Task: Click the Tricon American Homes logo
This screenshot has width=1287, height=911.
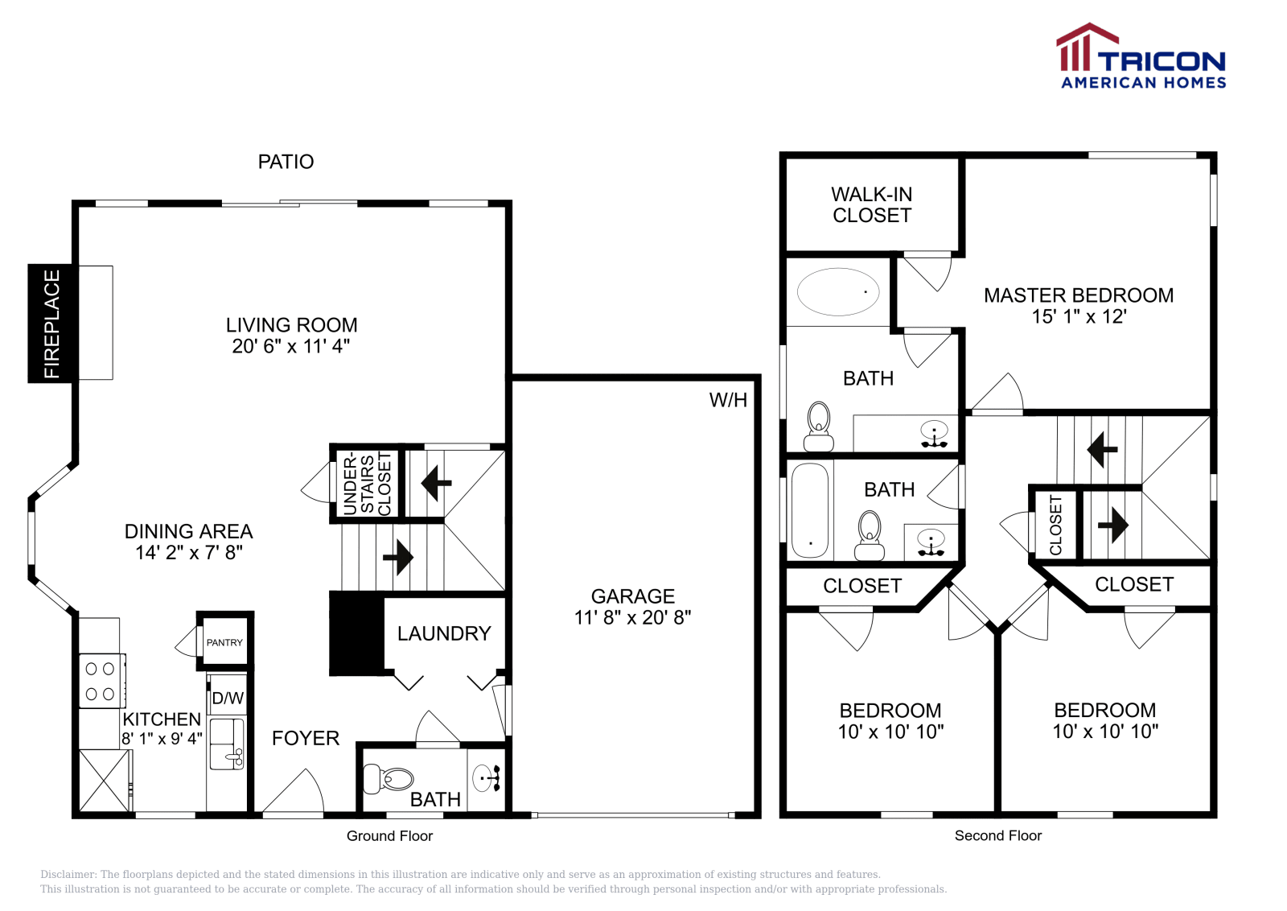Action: pos(1141,56)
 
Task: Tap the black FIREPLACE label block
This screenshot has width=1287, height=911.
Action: pos(51,324)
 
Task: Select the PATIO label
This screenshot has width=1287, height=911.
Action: pos(286,162)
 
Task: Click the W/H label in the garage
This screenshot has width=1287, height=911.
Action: pos(728,400)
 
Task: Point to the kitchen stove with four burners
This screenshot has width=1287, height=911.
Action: pos(101,681)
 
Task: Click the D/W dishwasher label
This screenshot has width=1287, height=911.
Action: pos(228,698)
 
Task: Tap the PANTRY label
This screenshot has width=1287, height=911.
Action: pos(224,642)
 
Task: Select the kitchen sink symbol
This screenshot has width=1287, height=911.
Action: pos(227,744)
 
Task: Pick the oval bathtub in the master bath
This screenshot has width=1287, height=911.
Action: pos(838,291)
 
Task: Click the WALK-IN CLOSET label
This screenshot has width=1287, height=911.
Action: pos(872,205)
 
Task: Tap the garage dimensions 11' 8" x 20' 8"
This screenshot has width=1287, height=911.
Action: pos(632,617)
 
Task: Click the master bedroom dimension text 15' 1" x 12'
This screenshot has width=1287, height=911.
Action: pos(1079,316)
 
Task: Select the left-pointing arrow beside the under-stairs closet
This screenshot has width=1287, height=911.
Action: pos(436,484)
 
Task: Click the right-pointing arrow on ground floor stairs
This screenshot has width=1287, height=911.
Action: pos(398,557)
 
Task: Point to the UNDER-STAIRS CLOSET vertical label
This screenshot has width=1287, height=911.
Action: pos(367,484)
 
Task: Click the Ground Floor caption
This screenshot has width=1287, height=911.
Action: pos(389,835)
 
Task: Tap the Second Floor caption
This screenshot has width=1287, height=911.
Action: pos(997,835)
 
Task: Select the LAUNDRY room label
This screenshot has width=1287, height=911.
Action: pos(444,633)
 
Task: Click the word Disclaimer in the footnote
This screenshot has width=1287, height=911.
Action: pos(68,874)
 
